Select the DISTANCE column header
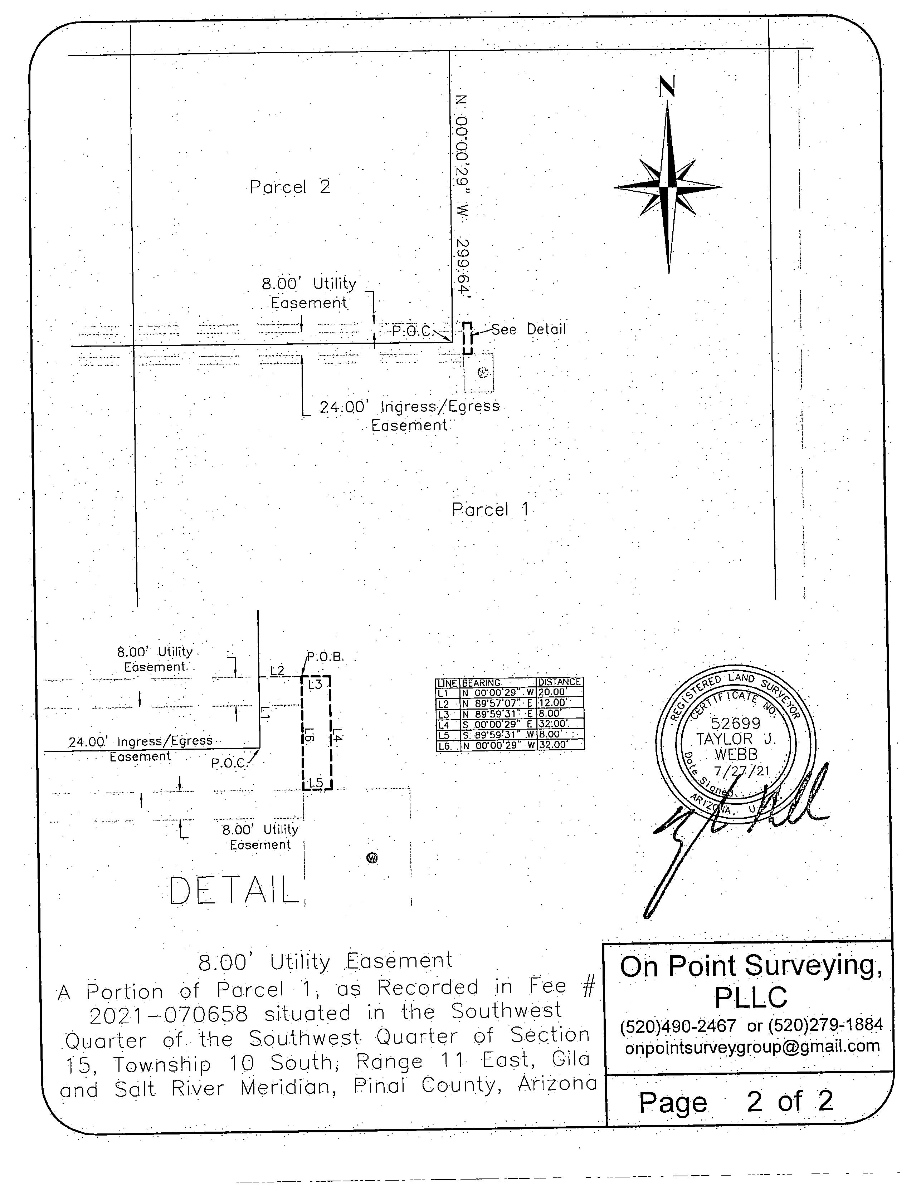559,682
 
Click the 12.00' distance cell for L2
552,703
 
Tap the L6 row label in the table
444,745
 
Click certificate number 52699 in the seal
736,723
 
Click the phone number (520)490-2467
678,1025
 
